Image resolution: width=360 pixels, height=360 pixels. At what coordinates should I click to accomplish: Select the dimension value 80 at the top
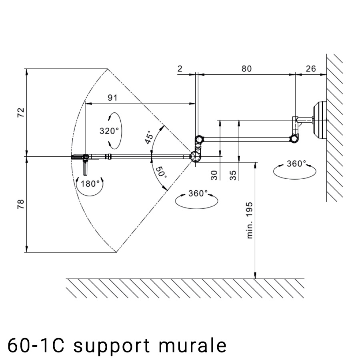246,68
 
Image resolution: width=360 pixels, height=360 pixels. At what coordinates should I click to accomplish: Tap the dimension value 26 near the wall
310,68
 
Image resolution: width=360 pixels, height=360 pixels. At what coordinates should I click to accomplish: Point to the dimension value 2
180,68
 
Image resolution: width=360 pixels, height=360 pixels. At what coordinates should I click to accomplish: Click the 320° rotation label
109,130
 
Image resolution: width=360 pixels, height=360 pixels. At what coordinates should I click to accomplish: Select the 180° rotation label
90,184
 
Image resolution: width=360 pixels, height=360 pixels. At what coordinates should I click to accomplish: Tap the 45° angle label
149,137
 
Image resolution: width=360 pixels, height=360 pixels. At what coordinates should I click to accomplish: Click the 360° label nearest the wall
296,164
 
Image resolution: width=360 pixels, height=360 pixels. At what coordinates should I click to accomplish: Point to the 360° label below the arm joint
198,194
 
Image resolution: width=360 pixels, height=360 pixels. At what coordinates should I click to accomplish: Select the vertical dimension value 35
234,175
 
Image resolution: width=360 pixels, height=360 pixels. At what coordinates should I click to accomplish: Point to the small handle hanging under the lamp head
86,167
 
